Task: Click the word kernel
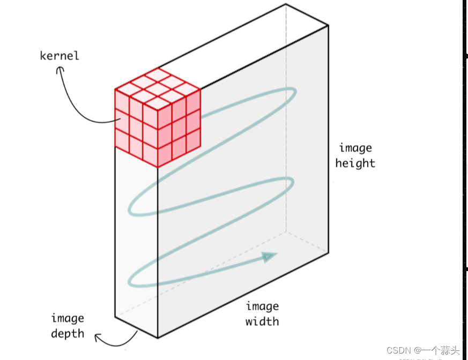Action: (60, 55)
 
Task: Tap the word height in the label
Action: (355, 163)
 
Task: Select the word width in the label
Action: (262, 322)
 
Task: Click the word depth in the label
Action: (68, 333)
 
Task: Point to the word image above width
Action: (262, 306)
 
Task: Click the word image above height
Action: (355, 148)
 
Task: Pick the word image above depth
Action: (68, 318)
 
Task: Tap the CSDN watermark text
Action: (423, 350)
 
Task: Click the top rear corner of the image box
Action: (286, 4)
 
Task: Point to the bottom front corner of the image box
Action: (158, 338)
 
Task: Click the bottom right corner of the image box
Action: (328, 252)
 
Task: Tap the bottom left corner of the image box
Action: (115, 316)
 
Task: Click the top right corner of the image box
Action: (328, 25)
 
